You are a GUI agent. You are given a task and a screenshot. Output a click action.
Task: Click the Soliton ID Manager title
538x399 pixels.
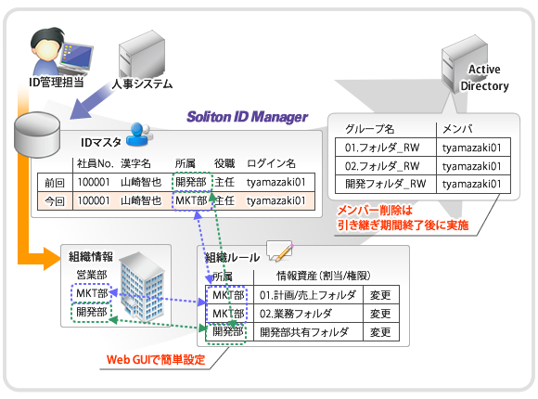(x=247, y=117)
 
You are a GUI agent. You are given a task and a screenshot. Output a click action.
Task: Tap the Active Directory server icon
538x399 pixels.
(x=465, y=64)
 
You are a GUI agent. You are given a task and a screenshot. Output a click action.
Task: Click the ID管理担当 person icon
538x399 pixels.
(x=61, y=52)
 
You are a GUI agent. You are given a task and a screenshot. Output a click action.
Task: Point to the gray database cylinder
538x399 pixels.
(x=37, y=135)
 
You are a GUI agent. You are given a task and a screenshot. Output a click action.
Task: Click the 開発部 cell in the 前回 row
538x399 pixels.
(x=191, y=182)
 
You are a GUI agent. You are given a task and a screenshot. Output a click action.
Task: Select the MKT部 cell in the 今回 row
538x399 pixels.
(x=191, y=200)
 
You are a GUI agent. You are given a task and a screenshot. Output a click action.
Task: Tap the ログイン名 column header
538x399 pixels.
(x=271, y=163)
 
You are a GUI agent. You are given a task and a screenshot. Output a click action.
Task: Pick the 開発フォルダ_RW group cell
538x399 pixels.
(x=385, y=184)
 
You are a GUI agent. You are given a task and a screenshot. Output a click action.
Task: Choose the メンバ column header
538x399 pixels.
(x=457, y=129)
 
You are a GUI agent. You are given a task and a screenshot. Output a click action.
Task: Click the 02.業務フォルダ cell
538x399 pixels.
(x=296, y=314)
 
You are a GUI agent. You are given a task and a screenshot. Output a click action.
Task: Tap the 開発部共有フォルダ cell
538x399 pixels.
(x=304, y=332)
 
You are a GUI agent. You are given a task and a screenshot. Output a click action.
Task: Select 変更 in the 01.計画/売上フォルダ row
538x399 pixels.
(x=380, y=295)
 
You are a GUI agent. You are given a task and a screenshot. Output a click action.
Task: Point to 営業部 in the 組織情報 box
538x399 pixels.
(x=92, y=275)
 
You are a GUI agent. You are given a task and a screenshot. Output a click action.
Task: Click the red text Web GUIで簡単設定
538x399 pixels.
(x=156, y=359)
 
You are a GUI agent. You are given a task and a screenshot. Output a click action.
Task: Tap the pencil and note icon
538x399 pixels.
(x=279, y=251)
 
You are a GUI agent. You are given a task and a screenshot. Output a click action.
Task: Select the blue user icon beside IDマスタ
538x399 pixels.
(x=139, y=135)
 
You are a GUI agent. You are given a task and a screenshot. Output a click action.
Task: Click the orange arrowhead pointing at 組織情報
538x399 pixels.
(x=52, y=258)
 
